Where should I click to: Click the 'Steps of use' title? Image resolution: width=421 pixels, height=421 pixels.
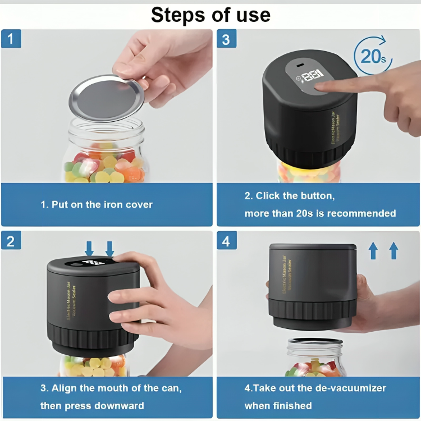[210, 15]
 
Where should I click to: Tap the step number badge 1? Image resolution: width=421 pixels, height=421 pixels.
[11, 39]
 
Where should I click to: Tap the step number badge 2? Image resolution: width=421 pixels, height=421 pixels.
[11, 241]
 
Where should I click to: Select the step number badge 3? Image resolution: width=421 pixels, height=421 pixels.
[226, 39]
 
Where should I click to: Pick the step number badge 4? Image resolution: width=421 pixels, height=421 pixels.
[226, 241]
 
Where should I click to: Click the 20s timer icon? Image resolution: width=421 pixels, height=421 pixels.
[372, 56]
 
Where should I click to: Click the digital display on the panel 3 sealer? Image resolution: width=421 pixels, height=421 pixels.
[310, 74]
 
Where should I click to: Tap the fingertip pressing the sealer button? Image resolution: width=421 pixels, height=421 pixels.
[320, 87]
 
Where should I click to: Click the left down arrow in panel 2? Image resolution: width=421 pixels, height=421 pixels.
[89, 248]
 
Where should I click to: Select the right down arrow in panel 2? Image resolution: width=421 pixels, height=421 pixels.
[109, 248]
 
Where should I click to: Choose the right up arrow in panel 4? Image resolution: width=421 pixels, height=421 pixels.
[393, 250]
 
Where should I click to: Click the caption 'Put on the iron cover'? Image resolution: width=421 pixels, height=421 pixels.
[97, 205]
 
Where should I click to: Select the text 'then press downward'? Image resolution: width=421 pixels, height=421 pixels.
[92, 405]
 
